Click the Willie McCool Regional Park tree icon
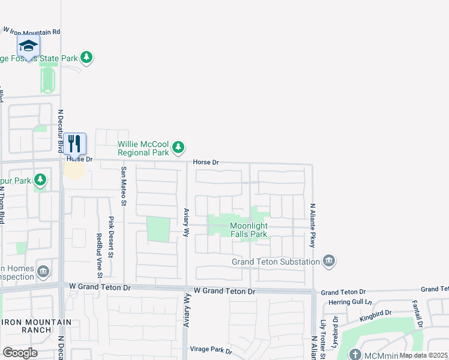pyautogui.click(x=178, y=147)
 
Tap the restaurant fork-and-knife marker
pyautogui.click(x=74, y=143)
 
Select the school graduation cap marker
pyautogui.click(x=28, y=46)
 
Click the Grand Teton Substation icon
pyautogui.click(x=328, y=261)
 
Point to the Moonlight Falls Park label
pyautogui.click(x=249, y=230)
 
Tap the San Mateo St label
pyautogui.click(x=124, y=186)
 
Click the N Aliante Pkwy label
pyautogui.click(x=312, y=225)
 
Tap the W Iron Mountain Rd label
pyautogui.click(x=32, y=30)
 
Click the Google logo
pyautogui.click(x=20, y=352)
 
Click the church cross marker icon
pyautogui.click(x=356, y=354)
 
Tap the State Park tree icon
pyautogui.click(x=88, y=57)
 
